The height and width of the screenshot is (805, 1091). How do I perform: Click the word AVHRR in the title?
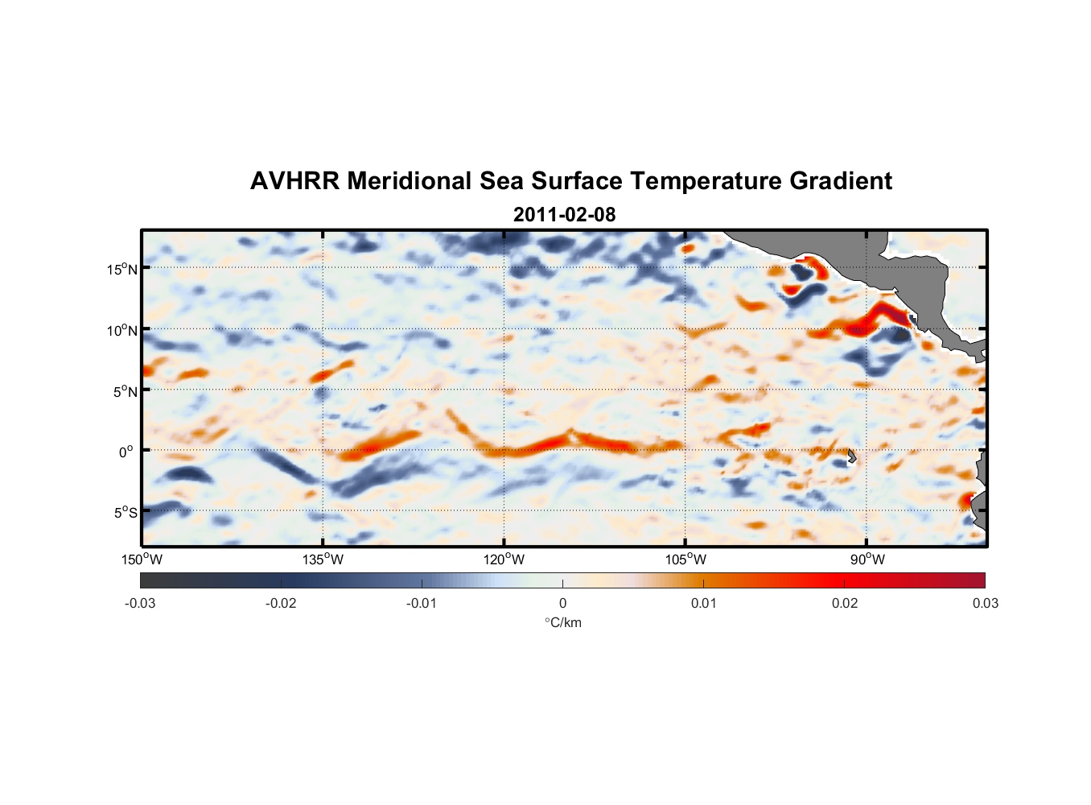(294, 181)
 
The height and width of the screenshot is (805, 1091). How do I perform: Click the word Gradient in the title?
(840, 181)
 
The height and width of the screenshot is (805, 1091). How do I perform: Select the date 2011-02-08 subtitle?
(564, 215)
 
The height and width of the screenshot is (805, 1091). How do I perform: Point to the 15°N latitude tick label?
(122, 269)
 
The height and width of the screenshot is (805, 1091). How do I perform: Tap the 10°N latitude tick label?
(122, 330)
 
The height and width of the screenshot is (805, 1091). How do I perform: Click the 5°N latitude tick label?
(126, 391)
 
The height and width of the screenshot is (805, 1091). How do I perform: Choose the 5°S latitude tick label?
(126, 513)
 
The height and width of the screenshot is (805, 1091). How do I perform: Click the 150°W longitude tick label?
(142, 559)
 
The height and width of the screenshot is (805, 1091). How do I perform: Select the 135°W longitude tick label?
(323, 559)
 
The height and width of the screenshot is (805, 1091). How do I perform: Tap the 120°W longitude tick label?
(504, 559)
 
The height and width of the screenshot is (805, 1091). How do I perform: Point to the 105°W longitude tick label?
(685, 559)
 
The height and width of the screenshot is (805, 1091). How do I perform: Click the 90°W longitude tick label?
(867, 559)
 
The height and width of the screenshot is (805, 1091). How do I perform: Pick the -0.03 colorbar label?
(140, 603)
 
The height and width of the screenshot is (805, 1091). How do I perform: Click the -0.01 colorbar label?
(422, 603)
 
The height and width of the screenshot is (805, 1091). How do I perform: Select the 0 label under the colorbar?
(562, 603)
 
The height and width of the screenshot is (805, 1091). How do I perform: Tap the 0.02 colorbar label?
(845, 603)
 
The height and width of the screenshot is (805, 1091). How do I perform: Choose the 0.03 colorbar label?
(985, 603)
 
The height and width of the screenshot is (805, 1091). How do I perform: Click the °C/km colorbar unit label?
(562, 622)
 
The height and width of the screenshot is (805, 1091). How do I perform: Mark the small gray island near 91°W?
(852, 456)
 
